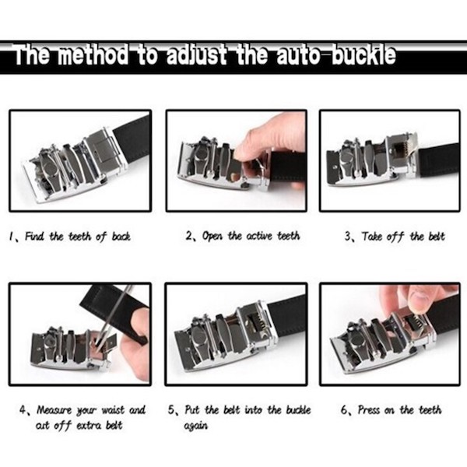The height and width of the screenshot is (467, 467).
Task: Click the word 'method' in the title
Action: [86, 57]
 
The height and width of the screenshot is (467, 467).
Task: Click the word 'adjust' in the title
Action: [187, 57]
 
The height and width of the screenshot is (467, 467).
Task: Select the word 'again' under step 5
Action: [196, 426]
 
